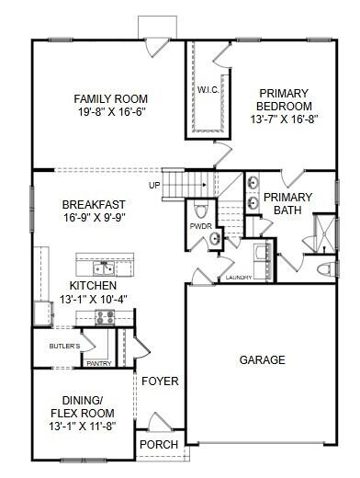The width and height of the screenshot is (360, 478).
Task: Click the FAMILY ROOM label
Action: pos(111,99)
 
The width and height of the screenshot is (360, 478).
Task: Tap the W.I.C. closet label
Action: pos(206,90)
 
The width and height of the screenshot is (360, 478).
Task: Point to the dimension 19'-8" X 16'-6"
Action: pos(111,113)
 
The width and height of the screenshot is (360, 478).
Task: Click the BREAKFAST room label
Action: pos(93,204)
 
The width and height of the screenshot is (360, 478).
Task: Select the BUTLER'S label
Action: pos(64,346)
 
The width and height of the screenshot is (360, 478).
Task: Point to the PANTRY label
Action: pos(98,363)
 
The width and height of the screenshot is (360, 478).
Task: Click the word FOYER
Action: pos(160,381)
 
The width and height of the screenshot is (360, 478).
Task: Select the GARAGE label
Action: pos(263,359)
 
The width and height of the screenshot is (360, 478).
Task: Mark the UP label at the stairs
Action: pos(154,184)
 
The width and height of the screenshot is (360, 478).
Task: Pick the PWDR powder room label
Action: pos(201,225)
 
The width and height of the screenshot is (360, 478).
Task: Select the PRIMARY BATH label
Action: pos(287,203)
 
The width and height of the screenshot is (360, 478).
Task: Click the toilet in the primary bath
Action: pos(323,268)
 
